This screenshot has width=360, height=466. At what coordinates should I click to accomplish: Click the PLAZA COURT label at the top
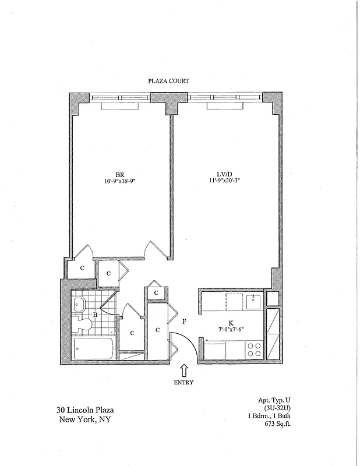pyautogui.click(x=168, y=82)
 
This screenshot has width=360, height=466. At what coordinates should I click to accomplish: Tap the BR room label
pyautogui.click(x=121, y=174)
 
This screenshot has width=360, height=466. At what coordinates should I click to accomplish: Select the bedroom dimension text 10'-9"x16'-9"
pyautogui.click(x=121, y=181)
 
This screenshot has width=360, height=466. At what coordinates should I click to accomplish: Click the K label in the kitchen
pyautogui.click(x=231, y=322)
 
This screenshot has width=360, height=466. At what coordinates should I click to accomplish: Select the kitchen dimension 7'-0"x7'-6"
pyautogui.click(x=231, y=329)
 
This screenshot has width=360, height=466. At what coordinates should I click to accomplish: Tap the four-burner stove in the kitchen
pyautogui.click(x=254, y=349)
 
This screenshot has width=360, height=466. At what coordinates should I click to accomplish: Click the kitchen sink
pyautogui.click(x=253, y=302)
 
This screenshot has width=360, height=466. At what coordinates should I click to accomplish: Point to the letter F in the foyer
pyautogui.click(x=183, y=321)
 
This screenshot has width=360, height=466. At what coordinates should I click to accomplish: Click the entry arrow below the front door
pyautogui.click(x=184, y=369)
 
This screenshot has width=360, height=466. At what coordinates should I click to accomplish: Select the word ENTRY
pyautogui.click(x=184, y=383)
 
